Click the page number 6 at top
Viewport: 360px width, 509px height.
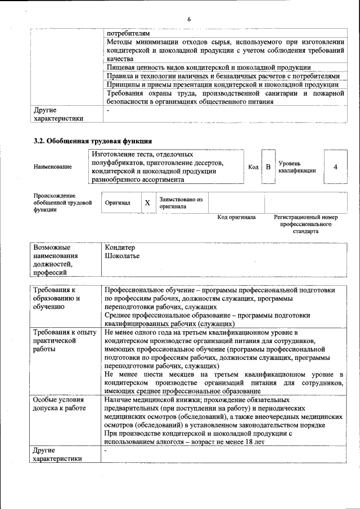click(x=189, y=20)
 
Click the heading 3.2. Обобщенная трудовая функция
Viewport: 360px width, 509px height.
click(x=93, y=141)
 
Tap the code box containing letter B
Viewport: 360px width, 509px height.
click(x=268, y=167)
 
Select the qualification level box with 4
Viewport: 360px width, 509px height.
click(x=335, y=167)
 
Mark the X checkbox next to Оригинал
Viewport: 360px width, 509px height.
click(x=147, y=202)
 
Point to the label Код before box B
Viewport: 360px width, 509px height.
click(x=253, y=167)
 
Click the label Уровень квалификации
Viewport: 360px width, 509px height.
click(x=296, y=167)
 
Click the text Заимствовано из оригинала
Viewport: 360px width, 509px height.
click(x=181, y=202)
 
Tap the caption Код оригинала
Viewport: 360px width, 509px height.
click(x=236, y=217)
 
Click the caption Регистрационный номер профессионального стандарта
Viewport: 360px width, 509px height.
click(x=305, y=224)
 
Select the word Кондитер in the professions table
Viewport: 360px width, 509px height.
click(x=120, y=247)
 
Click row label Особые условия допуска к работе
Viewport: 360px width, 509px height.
click(x=59, y=404)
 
